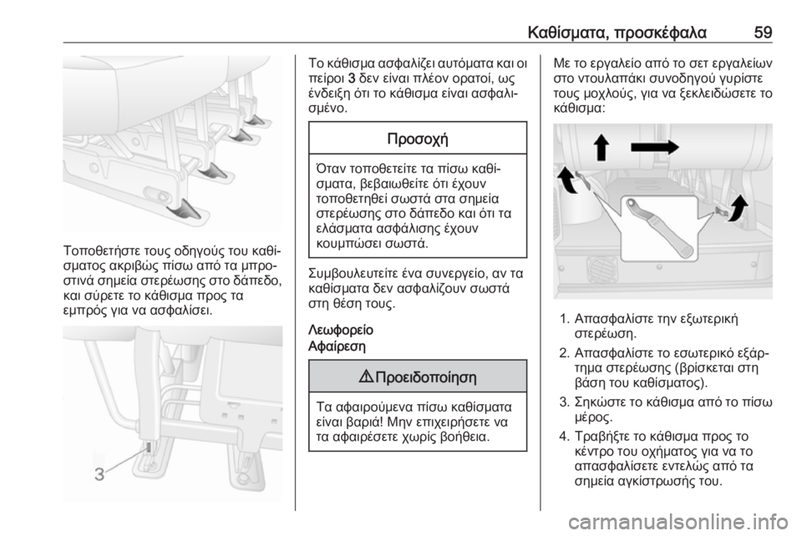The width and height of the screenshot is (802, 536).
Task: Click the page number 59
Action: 763,33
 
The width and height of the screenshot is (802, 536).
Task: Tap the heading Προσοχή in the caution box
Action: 418,139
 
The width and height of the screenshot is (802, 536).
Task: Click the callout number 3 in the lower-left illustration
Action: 99,474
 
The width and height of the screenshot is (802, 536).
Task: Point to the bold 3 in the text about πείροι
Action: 351,79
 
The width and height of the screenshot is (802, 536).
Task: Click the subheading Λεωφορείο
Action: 341,330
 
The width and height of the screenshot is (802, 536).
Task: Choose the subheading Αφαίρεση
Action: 338,346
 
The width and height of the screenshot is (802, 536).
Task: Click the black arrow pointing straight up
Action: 601,147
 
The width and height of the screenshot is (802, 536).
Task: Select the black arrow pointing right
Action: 655,148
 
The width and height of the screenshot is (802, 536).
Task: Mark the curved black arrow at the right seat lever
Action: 738,207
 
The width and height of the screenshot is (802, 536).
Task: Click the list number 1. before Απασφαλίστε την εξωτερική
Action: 564,320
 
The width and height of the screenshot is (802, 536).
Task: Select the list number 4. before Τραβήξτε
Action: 564,436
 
